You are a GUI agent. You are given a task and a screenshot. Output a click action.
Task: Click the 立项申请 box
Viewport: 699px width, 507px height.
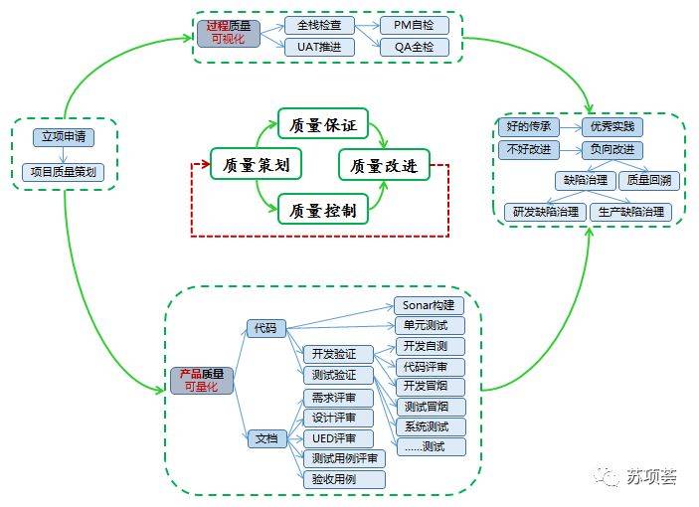pyautogui.click(x=62, y=137)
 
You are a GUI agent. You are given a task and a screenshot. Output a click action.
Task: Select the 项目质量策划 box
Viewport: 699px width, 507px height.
pyautogui.click(x=62, y=172)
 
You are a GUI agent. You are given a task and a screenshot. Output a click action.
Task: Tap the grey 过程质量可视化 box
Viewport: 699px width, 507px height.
pyautogui.click(x=228, y=33)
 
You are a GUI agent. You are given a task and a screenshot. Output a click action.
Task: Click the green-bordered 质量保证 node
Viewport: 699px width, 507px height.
pyautogui.click(x=322, y=125)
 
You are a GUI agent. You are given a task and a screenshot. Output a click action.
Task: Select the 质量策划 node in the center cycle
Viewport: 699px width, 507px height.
pyautogui.click(x=256, y=163)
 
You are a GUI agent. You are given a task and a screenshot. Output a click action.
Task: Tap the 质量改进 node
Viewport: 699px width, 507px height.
pyautogui.click(x=385, y=164)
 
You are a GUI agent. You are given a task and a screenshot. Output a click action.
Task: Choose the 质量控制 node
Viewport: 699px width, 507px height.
pyautogui.click(x=322, y=209)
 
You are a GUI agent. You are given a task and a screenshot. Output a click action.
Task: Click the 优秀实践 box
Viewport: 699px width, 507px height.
pyautogui.click(x=612, y=127)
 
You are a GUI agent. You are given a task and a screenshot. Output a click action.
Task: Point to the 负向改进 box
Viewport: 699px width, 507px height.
pyautogui.click(x=612, y=150)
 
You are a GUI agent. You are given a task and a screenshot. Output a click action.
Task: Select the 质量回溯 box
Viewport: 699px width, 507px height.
pyautogui.click(x=647, y=181)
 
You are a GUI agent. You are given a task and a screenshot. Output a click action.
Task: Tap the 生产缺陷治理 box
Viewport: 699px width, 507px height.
pyautogui.click(x=629, y=211)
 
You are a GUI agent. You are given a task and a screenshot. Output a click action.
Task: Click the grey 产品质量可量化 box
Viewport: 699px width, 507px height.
pyautogui.click(x=203, y=380)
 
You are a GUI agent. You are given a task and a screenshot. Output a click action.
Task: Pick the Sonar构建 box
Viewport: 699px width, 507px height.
pyautogui.click(x=430, y=305)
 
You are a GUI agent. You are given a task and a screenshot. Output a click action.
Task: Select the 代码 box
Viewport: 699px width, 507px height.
pyautogui.click(x=265, y=327)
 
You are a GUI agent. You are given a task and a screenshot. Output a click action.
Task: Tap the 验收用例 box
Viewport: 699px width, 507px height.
pyautogui.click(x=342, y=479)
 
